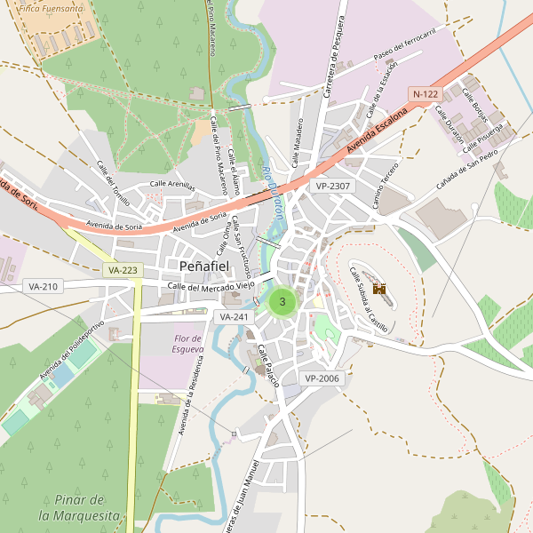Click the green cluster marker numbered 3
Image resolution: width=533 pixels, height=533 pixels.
pyautogui.click(x=282, y=302)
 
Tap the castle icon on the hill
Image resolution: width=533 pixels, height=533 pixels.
pyautogui.click(x=379, y=289)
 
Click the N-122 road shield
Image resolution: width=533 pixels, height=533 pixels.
pyautogui.click(x=426, y=93)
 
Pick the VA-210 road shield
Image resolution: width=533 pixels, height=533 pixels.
pyautogui.click(x=42, y=286)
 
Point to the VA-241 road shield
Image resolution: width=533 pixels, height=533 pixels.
pyautogui.click(x=235, y=316)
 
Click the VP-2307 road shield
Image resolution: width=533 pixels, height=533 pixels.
pyautogui.click(x=333, y=186)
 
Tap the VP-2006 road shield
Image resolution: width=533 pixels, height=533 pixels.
pyautogui.click(x=322, y=378)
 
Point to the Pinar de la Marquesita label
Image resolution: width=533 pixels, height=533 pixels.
pyautogui.click(x=79, y=507)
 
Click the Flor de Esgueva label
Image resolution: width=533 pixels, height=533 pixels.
pyautogui.click(x=188, y=344)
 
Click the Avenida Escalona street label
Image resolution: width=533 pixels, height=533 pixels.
pyautogui.click(x=378, y=131)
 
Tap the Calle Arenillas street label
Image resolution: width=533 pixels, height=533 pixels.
pyautogui.click(x=171, y=184)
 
